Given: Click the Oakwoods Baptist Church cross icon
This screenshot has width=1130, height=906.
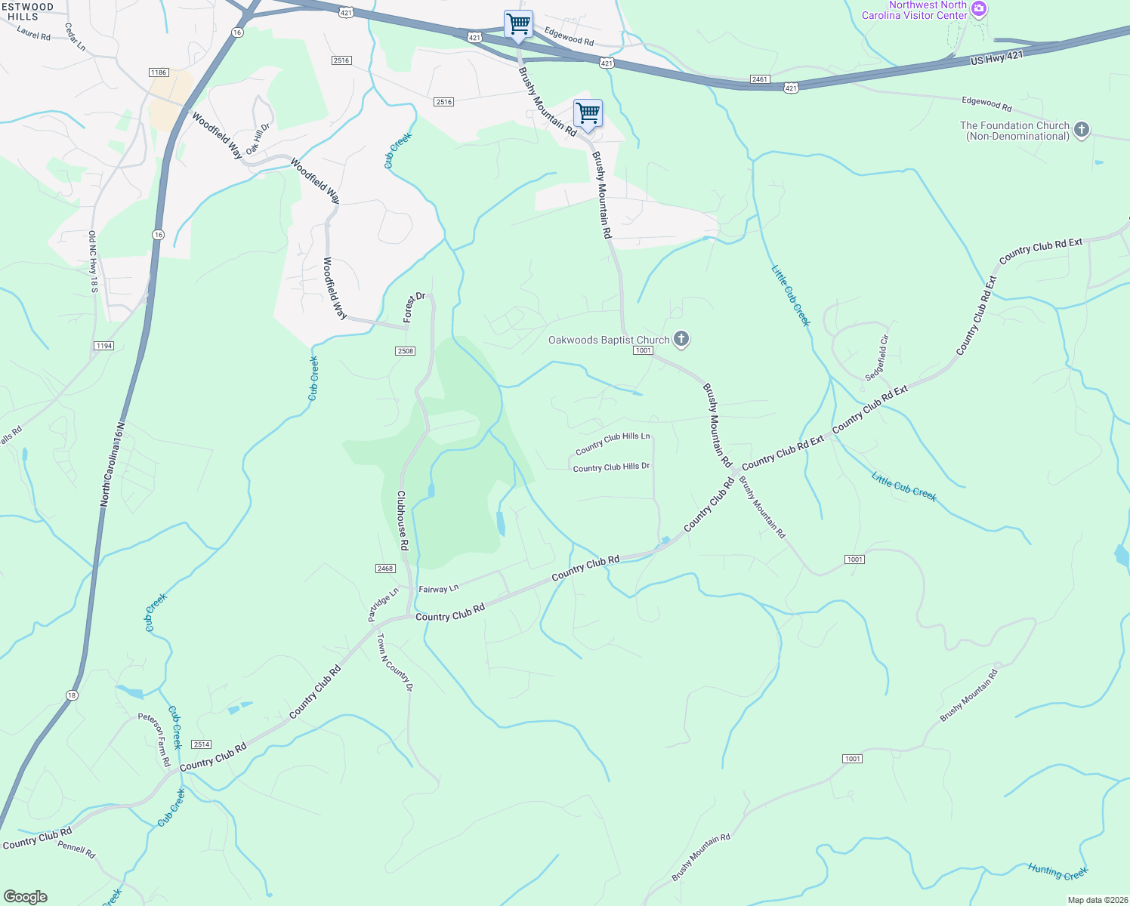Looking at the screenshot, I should click(x=681, y=339).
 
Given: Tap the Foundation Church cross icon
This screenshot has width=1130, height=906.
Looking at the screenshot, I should click(x=1082, y=130).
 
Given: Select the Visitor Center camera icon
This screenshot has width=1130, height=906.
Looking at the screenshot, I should click(x=979, y=10).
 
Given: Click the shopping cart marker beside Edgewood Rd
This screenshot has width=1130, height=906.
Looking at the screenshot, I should click(x=518, y=23).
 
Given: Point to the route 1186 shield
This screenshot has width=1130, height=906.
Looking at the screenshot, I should click(x=159, y=72).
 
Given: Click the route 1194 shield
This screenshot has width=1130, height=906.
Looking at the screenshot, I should click(x=103, y=346).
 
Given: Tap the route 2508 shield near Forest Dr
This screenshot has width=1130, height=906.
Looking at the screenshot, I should click(x=406, y=351).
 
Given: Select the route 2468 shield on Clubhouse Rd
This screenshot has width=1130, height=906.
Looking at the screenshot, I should click(x=385, y=569).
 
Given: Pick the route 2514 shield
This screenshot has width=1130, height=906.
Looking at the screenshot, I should click(x=201, y=744).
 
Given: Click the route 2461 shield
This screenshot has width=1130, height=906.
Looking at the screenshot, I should click(x=760, y=79).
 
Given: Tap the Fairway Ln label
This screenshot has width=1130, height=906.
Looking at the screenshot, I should click(x=439, y=589).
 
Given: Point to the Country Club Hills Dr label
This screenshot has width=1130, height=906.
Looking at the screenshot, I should click(x=611, y=467).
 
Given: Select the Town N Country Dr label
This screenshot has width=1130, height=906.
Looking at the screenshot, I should click(x=395, y=662).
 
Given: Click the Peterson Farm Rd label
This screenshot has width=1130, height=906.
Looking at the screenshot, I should click(x=154, y=740).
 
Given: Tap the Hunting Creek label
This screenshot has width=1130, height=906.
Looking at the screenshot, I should click(x=1057, y=871).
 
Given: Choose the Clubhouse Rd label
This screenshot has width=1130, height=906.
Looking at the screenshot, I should click(x=403, y=521).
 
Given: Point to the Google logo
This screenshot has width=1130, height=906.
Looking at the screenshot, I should click(x=26, y=897).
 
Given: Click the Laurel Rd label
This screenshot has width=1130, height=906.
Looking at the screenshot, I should click(x=33, y=34).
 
